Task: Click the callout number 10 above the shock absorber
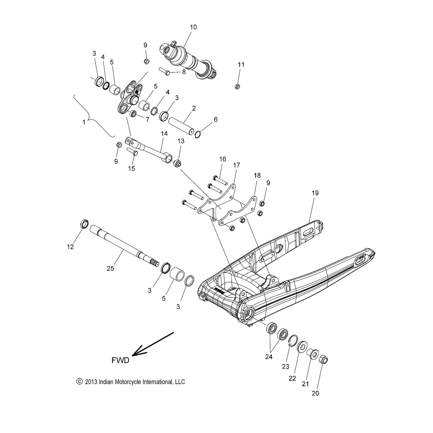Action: pos(193,27)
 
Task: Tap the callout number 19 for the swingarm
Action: pos(315,193)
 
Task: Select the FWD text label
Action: pos(120,361)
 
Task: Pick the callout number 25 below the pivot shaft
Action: pos(110,268)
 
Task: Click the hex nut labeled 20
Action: pos(324,360)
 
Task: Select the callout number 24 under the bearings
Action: pos(269,357)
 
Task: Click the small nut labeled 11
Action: pos(237,86)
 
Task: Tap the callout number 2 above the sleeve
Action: pos(194,108)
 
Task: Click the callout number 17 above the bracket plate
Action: pos(236,165)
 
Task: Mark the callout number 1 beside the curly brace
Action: pos(84,122)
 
